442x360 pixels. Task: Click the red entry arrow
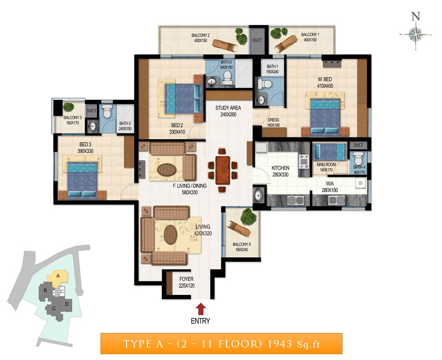click(200, 309)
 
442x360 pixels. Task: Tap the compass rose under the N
click(415, 35)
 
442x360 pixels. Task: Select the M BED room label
click(325, 79)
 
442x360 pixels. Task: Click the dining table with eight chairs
click(223, 170)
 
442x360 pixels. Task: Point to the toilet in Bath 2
click(227, 78)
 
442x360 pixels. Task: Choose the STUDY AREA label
click(228, 108)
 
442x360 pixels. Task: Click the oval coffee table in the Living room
click(170, 235)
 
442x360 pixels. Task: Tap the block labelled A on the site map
click(57, 277)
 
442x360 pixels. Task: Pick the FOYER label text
click(186, 279)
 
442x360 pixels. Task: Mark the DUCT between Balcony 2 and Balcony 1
click(257, 40)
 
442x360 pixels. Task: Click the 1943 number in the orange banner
click(280, 344)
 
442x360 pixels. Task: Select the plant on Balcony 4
click(248, 216)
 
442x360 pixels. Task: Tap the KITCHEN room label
click(280, 168)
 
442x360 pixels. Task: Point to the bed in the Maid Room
click(330, 152)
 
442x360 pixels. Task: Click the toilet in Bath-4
click(358, 158)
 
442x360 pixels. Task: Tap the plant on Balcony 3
click(69, 107)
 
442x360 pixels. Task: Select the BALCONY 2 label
click(200, 35)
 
